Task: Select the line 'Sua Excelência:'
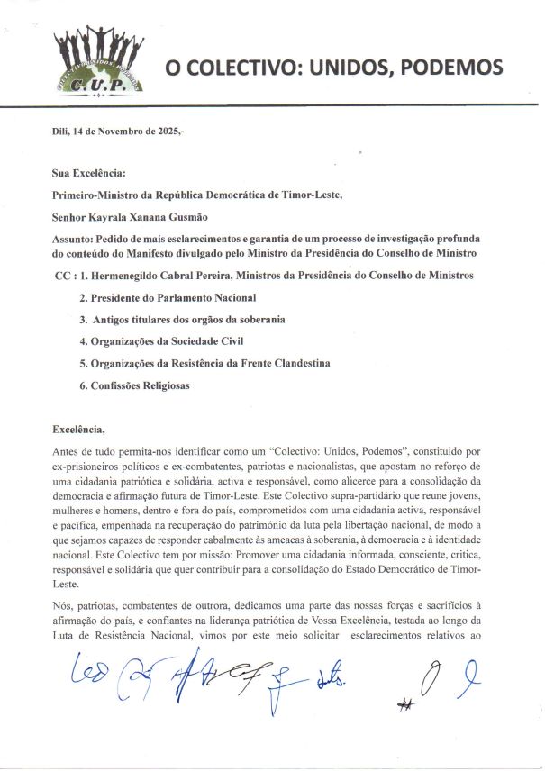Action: [x=89, y=171]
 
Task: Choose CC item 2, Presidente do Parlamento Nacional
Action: [x=168, y=297]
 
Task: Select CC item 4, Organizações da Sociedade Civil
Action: [x=161, y=341]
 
